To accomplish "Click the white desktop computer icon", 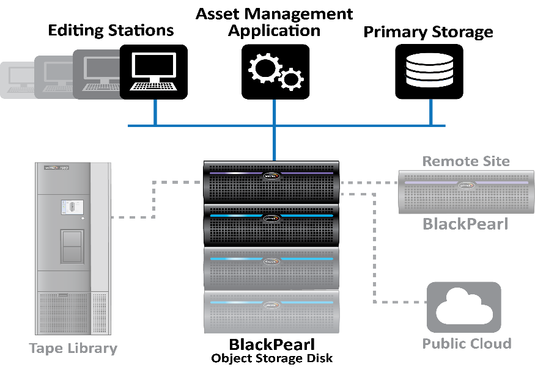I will [x=154, y=72].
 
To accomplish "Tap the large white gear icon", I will [x=265, y=68].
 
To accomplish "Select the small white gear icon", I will [x=292, y=79].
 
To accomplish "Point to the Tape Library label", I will [x=73, y=349].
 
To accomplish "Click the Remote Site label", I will [x=466, y=161].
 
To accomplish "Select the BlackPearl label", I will [x=465, y=224].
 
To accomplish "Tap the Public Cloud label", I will [x=467, y=344].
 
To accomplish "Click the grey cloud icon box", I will [x=463, y=307].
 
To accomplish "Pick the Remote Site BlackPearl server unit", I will [x=464, y=191].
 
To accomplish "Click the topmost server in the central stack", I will [x=271, y=181].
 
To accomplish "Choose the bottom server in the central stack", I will [x=271, y=312].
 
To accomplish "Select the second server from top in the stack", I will [x=271, y=225].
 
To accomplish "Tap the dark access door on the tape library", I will [x=72, y=246].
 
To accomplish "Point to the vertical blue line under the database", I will [x=431, y=112].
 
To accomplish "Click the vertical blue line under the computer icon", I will [x=155, y=112].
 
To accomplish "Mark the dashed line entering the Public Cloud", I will [x=400, y=302].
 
